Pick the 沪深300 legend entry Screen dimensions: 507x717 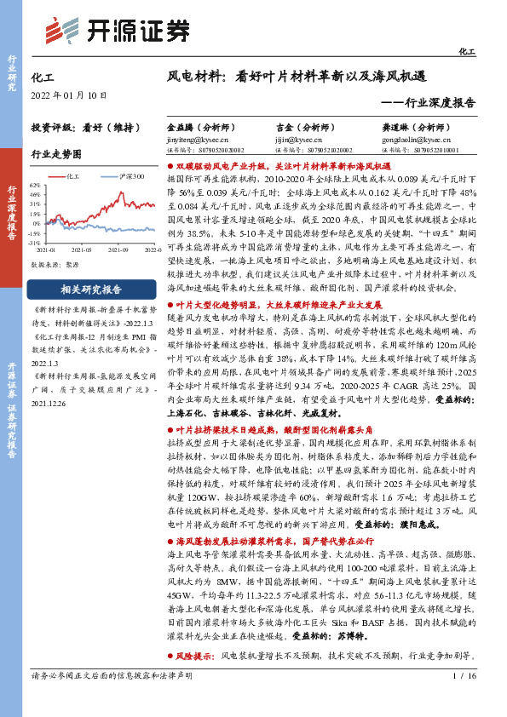pyautogui.click(x=132, y=176)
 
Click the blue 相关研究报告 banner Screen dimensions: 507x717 pyautogui.click(x=90, y=289)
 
